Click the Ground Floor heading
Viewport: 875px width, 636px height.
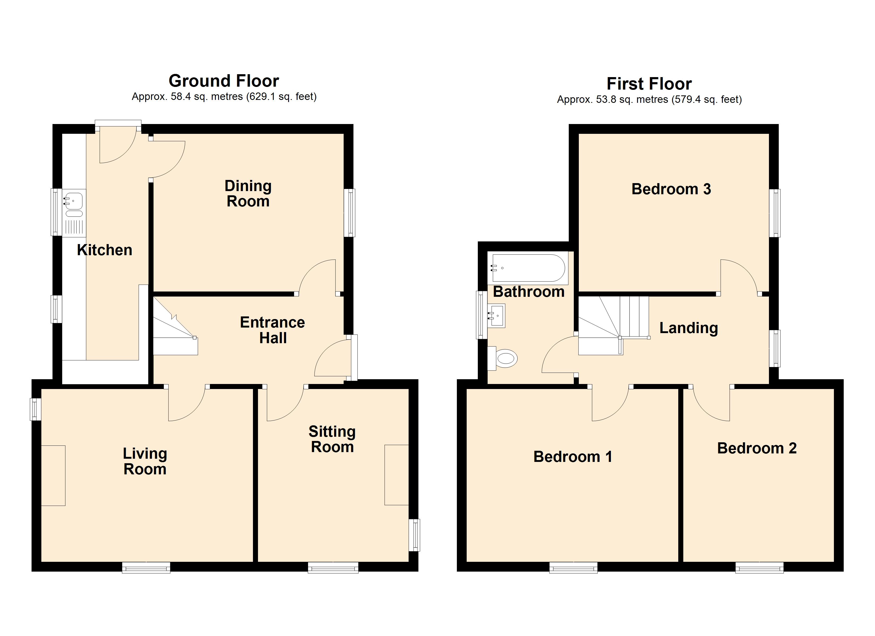[224, 81]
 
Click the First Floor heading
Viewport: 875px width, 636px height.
[649, 84]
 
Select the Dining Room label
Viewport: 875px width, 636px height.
[248, 194]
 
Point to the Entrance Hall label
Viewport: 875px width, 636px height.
[272, 330]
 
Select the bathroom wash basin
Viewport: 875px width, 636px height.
[497, 316]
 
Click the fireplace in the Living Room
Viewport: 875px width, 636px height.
[53, 476]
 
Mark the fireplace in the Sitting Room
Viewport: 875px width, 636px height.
[397, 475]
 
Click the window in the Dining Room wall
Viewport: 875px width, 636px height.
[349, 213]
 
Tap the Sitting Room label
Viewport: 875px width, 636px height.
[332, 439]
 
